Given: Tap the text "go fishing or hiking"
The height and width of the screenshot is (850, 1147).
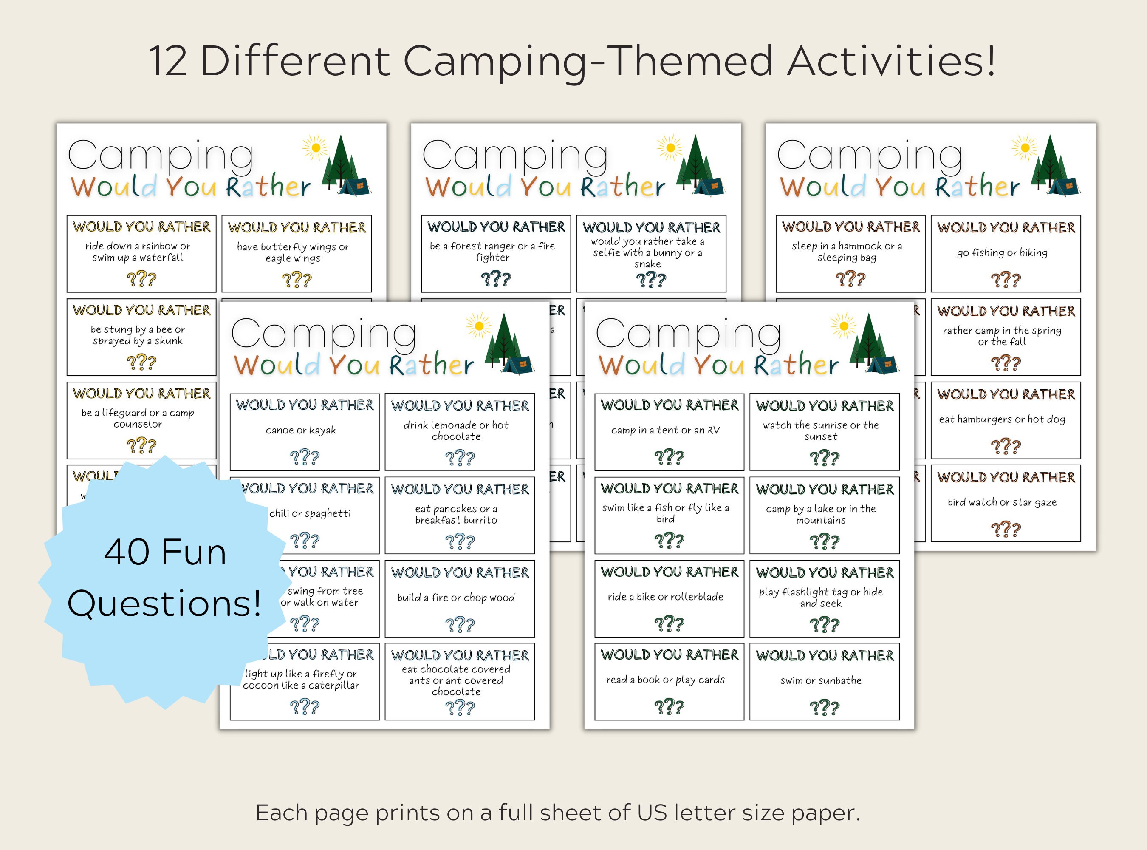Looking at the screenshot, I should pyautogui.click(x=1002, y=252).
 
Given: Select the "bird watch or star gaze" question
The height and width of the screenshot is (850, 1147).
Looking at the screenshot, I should pyautogui.click(x=1002, y=502).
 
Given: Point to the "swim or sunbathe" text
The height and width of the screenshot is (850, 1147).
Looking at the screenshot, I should pyautogui.click(x=821, y=680).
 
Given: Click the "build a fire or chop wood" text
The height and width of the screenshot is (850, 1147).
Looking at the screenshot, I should pyautogui.click(x=456, y=598).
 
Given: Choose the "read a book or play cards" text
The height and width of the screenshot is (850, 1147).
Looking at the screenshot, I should pyautogui.click(x=666, y=680).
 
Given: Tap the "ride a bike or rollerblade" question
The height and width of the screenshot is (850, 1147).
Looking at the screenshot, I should pyautogui.click(x=666, y=597).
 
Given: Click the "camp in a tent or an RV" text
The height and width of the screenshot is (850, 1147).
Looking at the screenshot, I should pyautogui.click(x=666, y=430).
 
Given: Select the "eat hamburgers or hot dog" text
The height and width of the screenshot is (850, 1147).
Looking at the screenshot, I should pyautogui.click(x=1002, y=419).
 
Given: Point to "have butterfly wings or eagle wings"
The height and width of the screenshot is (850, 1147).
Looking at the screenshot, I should pyautogui.click(x=293, y=252).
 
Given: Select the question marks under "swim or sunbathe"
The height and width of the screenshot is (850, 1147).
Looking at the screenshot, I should pyautogui.click(x=824, y=708).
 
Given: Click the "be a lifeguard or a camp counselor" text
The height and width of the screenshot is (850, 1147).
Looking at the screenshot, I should pyautogui.click(x=138, y=418).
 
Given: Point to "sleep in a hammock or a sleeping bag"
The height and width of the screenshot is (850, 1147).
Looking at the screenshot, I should pyautogui.click(x=847, y=252).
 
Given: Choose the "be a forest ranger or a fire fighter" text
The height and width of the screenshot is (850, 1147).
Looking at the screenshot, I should pyautogui.click(x=492, y=252).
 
